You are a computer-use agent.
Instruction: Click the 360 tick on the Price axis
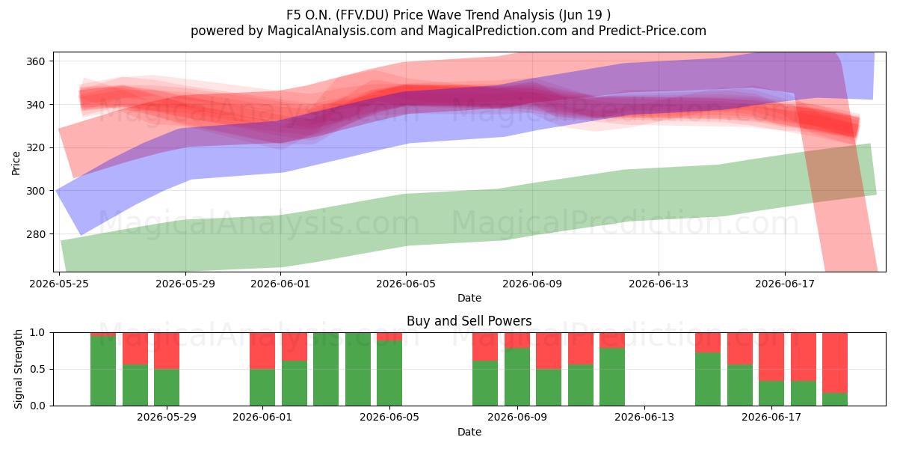[35, 61]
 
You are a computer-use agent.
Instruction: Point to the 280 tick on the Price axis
[35, 233]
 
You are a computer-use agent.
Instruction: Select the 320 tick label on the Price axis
[35, 147]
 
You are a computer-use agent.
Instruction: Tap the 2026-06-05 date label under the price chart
[406, 284]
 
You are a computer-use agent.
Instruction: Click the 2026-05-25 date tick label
[59, 284]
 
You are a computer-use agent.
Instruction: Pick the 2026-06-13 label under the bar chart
[644, 418]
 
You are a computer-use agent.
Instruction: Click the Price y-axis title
[16, 163]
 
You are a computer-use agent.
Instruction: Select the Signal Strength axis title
[18, 369]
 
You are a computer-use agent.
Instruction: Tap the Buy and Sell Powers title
[469, 321]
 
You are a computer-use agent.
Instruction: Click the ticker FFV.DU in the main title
[363, 15]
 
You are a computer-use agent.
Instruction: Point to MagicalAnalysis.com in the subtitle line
[332, 31]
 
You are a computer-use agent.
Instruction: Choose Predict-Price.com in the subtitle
[653, 31]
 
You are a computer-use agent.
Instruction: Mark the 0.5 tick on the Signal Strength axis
[37, 369]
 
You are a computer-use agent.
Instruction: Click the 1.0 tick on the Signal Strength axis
[37, 333]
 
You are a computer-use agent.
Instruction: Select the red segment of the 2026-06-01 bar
[262, 351]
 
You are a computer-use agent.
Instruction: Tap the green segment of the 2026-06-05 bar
[389, 373]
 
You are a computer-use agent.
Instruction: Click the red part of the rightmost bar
[835, 363]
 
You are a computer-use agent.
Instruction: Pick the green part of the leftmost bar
[103, 371]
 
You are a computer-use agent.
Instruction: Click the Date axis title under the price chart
[469, 298]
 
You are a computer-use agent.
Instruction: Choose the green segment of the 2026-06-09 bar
[517, 377]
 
